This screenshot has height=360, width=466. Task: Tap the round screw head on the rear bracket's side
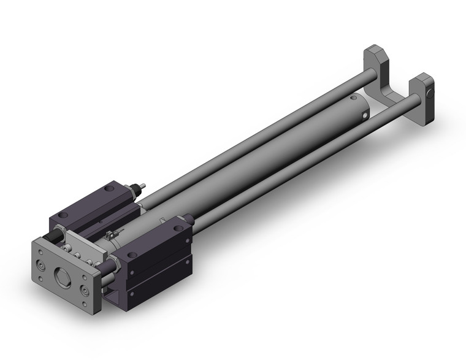(430, 93)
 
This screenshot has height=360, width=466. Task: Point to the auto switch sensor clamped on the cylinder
(112, 234)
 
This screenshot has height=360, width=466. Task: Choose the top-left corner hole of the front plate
(38, 248)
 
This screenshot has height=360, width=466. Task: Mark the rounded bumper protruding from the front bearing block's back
(191, 218)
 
